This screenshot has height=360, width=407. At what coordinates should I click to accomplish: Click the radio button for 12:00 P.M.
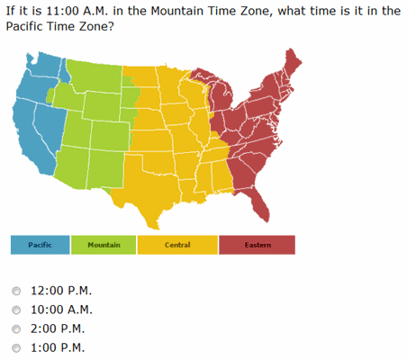(x=17, y=292)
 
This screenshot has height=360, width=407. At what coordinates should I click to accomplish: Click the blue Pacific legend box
(x=40, y=245)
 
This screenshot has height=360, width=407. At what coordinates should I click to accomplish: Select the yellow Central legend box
(x=177, y=245)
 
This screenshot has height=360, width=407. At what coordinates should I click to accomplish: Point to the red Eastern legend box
(x=257, y=245)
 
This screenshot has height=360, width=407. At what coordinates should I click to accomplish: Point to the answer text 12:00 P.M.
(x=61, y=292)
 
